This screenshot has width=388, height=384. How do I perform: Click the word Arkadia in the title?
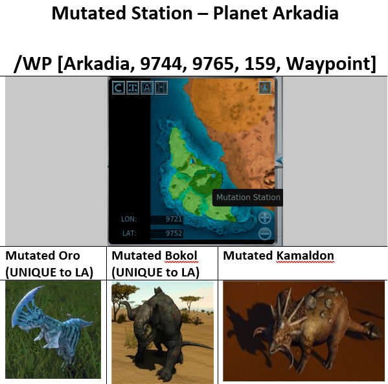[x=305, y=13]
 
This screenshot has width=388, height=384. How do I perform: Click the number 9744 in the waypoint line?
[x=161, y=63]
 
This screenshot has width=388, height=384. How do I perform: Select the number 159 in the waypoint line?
[x=260, y=63]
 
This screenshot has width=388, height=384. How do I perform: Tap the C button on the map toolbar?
[x=119, y=87]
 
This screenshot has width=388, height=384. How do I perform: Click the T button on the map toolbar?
[x=133, y=87]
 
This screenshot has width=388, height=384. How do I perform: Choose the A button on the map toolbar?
[x=147, y=87]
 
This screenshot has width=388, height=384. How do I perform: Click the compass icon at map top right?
[x=265, y=88]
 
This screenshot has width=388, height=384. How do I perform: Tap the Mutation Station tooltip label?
[x=248, y=198]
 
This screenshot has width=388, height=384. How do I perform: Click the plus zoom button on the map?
[x=265, y=218]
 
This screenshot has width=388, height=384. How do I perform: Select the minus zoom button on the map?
[x=265, y=233]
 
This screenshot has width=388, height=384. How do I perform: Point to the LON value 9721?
[x=174, y=220]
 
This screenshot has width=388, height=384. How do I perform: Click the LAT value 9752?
[x=174, y=233]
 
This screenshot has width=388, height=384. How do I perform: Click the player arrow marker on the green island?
[x=192, y=161]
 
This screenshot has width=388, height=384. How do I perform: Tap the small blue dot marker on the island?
[x=213, y=175]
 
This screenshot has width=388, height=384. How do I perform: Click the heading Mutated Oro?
[x=43, y=256]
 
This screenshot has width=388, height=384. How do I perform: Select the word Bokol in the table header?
[x=181, y=256]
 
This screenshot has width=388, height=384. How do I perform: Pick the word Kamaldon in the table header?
[x=305, y=256]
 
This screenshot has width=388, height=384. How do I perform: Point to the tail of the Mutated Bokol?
[x=193, y=344]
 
